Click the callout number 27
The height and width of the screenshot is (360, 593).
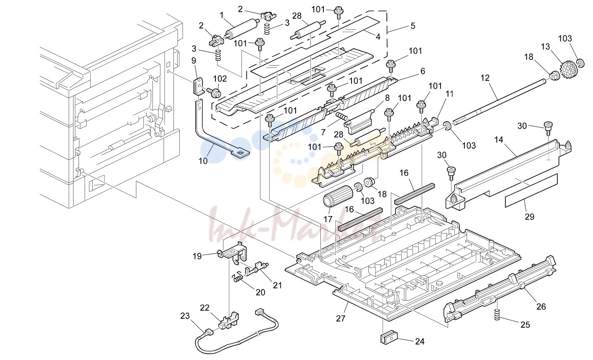tap(341, 318)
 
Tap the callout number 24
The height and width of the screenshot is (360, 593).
tap(420, 342)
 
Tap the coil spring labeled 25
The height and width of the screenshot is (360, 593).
tap(497, 314)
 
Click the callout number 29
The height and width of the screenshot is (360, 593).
tap(530, 216)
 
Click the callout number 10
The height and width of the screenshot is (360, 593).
tap(203, 160)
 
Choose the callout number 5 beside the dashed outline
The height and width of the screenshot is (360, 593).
tap(413, 26)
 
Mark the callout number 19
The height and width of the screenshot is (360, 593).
tap(197, 256)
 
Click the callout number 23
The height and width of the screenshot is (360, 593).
tap(185, 316)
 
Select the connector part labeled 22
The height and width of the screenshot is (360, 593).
tap(228, 321)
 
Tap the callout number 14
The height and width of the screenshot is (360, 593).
tap(499, 139)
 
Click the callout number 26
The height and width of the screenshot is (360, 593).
tap(541, 307)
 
